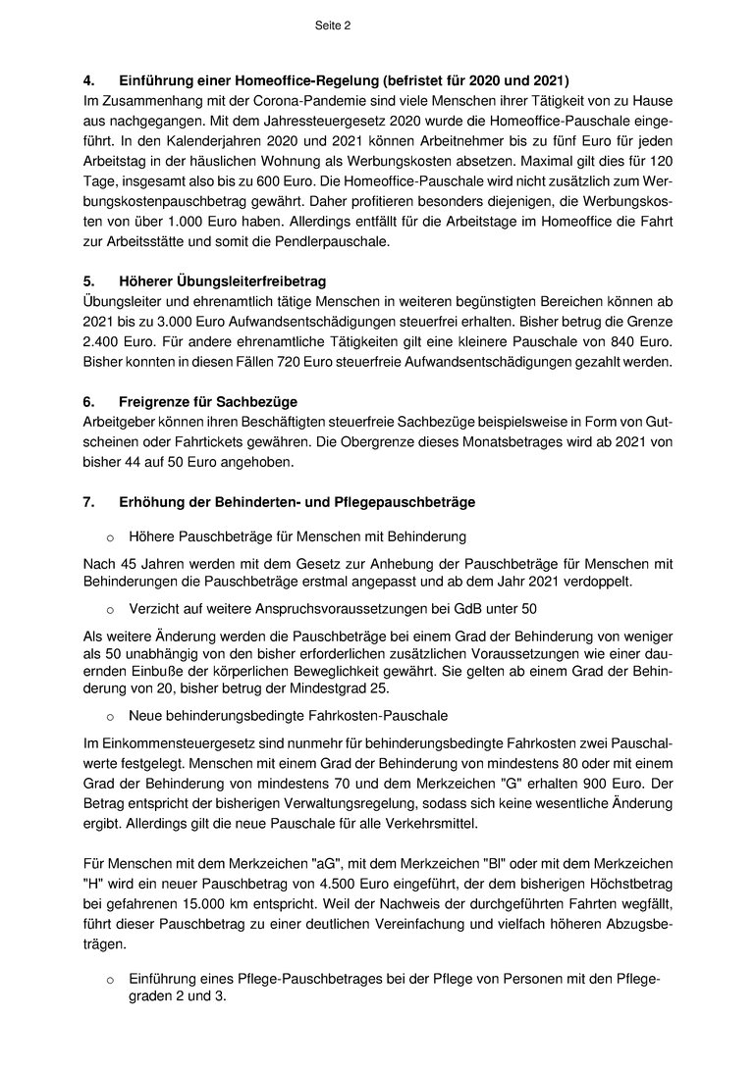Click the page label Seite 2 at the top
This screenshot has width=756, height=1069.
coord(333,26)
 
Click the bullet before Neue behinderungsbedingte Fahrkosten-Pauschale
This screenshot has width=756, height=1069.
coord(110,717)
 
